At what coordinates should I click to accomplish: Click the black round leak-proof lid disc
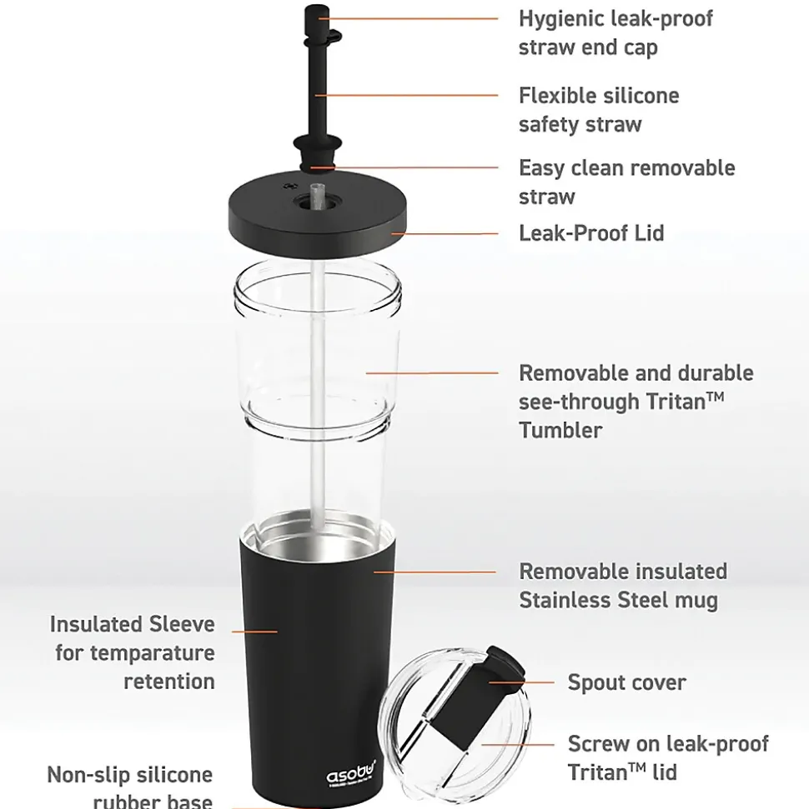(x=316, y=218)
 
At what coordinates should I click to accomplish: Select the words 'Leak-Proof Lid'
(x=591, y=233)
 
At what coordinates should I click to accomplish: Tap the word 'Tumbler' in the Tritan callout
(x=560, y=430)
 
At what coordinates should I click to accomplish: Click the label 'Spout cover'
(x=626, y=682)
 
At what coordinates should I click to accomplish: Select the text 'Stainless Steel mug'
(x=618, y=600)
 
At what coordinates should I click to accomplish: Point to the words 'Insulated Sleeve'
(x=132, y=624)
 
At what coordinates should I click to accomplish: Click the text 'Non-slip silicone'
(x=129, y=775)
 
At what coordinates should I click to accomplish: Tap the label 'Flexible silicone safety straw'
(x=598, y=110)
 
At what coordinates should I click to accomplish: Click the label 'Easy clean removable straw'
(x=626, y=182)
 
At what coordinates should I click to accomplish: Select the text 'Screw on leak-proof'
(x=668, y=743)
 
